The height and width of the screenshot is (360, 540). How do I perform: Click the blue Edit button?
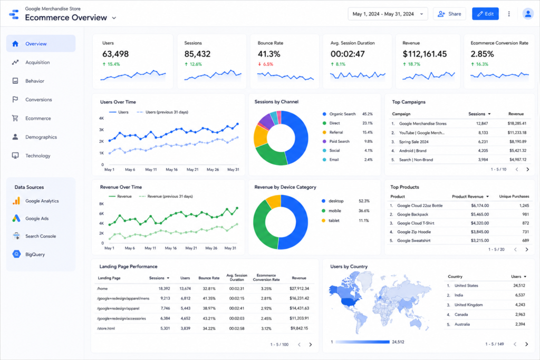tap(485, 14)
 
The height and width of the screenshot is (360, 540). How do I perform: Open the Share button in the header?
tap(449, 14)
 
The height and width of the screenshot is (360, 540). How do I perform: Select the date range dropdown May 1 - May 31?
tap(388, 14)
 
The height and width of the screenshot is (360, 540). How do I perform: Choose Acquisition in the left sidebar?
tap(37, 62)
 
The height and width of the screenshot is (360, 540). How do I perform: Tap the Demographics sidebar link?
tap(41, 137)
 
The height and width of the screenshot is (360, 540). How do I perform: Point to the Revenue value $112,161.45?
tap(425, 54)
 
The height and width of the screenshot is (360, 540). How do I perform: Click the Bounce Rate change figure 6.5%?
tap(268, 64)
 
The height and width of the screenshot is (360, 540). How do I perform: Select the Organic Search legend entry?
tap(342, 114)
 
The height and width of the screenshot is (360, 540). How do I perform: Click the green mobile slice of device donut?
tap(264, 226)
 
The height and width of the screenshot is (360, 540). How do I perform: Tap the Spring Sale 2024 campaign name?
tap(414, 142)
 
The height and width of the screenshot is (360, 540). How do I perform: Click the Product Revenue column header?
tap(468, 197)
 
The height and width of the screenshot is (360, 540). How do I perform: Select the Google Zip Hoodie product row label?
tap(414, 232)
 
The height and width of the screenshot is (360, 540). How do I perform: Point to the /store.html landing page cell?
tap(105, 328)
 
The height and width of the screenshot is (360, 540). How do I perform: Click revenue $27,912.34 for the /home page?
tap(300, 288)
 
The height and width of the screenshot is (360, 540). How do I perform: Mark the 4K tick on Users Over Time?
tap(101, 119)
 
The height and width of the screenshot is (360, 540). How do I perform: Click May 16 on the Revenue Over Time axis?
tap(171, 248)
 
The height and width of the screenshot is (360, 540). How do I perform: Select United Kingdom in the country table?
tap(468, 305)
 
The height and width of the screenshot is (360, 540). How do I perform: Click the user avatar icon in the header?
tap(528, 14)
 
